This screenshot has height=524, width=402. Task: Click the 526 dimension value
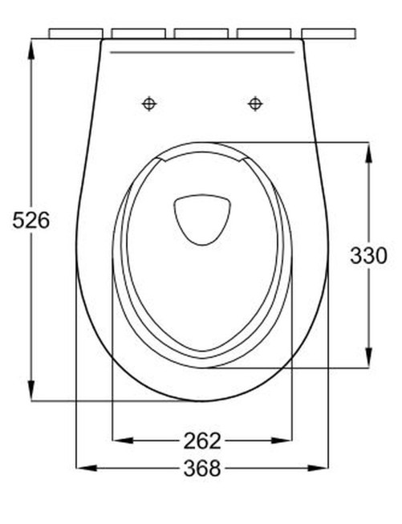click(x=31, y=219)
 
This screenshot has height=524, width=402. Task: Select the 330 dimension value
click(x=368, y=255)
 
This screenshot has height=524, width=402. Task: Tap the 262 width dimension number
click(x=201, y=441)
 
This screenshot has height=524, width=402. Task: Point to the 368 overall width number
click(x=201, y=469)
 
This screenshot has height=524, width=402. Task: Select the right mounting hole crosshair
click(x=255, y=103)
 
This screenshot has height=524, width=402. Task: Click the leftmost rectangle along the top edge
click(x=75, y=34)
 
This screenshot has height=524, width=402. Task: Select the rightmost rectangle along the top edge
click(x=328, y=34)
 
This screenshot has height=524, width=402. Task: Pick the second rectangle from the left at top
click(x=138, y=34)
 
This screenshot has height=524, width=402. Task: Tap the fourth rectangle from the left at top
click(x=265, y=34)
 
